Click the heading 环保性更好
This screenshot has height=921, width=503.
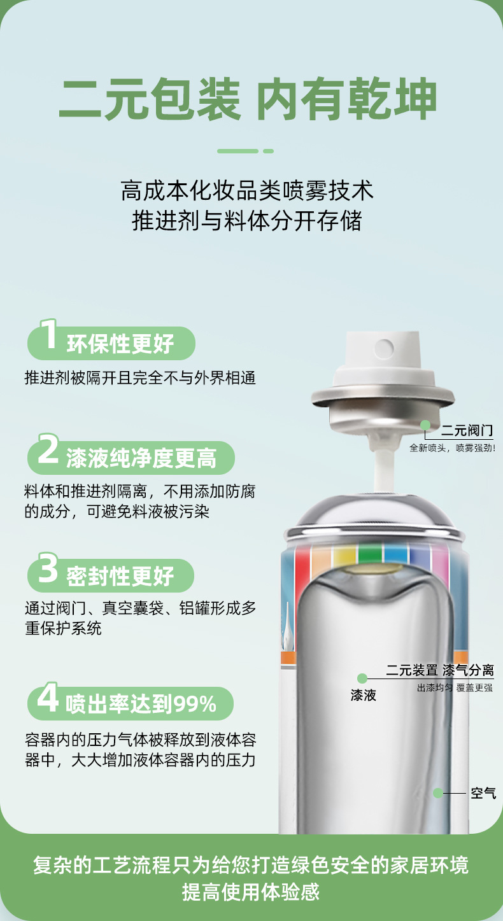[x=120, y=344]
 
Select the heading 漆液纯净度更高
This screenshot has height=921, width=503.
[x=141, y=458]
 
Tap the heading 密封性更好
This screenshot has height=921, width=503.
[x=120, y=577]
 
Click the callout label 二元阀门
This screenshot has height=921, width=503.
[x=467, y=431]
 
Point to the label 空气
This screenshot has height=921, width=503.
[x=483, y=793]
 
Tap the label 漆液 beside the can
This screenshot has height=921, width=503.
[x=364, y=695]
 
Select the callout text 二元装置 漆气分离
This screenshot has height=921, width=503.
[x=440, y=670]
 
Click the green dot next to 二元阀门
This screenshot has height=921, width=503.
[x=425, y=425]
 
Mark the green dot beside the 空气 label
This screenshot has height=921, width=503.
[x=438, y=792]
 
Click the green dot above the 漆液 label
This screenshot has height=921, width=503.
[x=362, y=678]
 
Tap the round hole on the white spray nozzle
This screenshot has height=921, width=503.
[x=384, y=348]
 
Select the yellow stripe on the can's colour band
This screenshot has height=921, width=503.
[x=344, y=555]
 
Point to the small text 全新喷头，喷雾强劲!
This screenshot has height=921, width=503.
[x=452, y=448]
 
